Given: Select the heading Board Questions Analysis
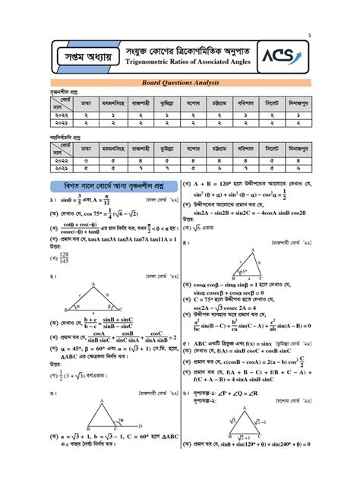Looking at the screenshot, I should point(179,83).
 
